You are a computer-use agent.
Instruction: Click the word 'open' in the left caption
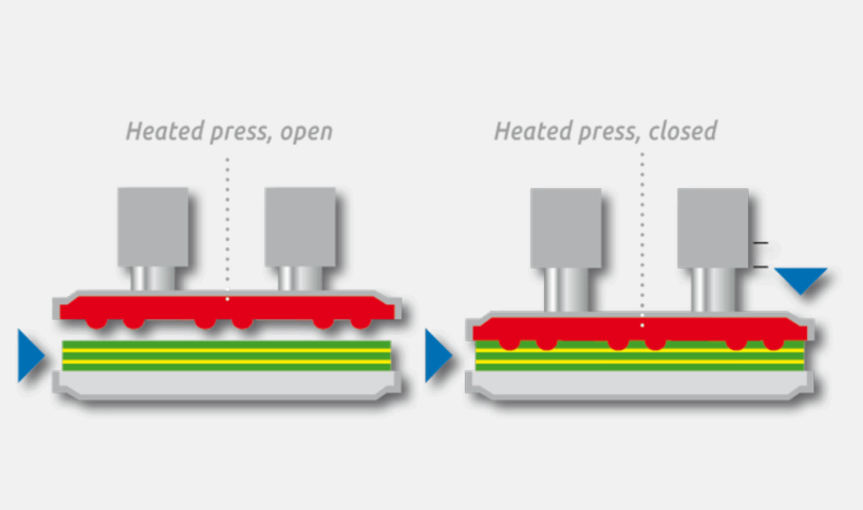306,132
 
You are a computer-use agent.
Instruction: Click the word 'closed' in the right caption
683,131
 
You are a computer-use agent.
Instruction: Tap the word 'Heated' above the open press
164,131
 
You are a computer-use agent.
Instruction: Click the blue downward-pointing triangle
801,279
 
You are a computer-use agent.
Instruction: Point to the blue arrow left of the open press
30,355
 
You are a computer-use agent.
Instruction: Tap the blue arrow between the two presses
437,355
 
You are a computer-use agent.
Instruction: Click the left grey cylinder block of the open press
153,227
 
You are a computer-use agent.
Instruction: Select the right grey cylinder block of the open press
300,227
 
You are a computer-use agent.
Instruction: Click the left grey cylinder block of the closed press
566,228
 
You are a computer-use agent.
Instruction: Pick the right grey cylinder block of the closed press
712,228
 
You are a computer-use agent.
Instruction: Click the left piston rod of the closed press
566,289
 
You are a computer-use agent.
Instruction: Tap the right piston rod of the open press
300,278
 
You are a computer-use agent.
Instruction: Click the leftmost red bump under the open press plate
96,323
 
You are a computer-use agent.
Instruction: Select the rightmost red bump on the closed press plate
773,344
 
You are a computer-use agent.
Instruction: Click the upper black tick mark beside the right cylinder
760,243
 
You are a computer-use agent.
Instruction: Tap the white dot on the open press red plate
227,299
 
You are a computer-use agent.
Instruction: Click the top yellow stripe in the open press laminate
227,350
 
